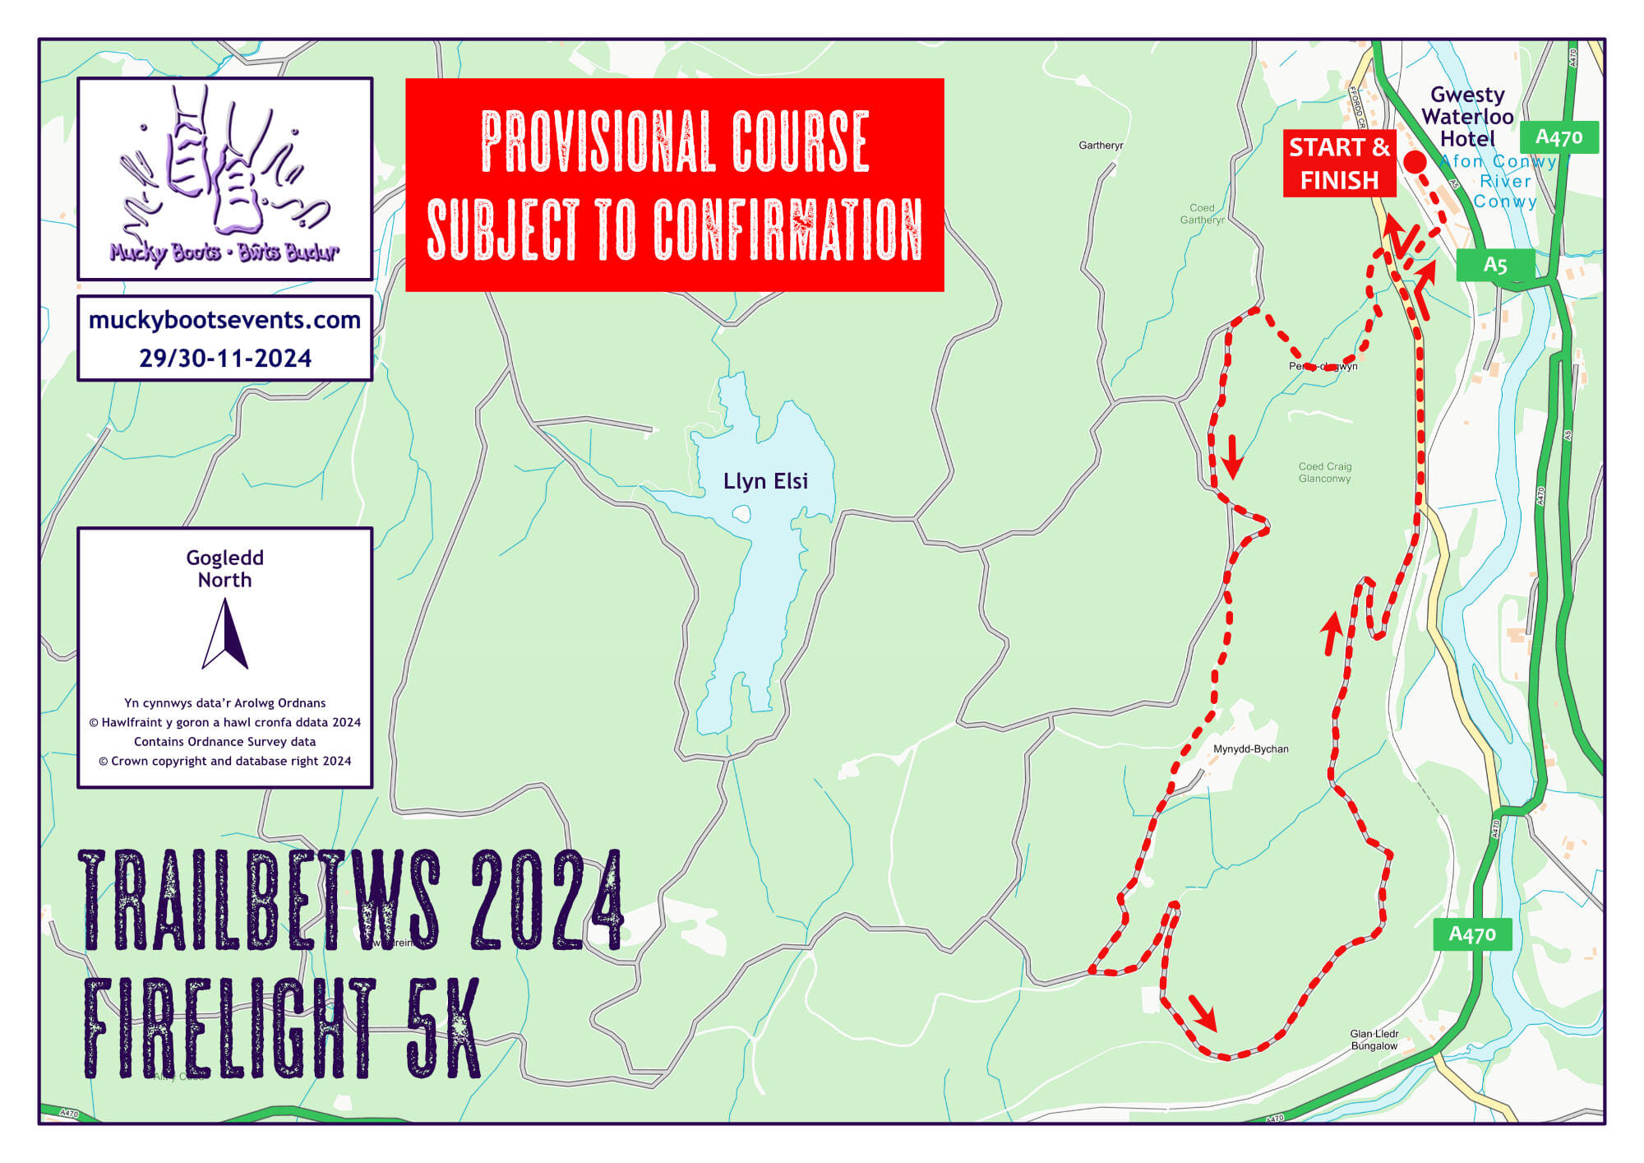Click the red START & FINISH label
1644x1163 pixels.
[1339, 164]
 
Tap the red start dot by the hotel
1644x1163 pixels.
[1415, 162]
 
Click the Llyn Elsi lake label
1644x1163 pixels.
[765, 481]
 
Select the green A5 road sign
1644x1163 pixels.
[1494, 265]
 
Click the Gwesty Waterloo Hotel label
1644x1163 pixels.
[1467, 117]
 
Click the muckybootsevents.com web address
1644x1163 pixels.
[224, 320]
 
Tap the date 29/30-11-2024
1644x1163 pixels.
[224, 359]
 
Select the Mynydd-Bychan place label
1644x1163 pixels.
[1250, 749]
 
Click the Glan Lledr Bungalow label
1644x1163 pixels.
[1374, 1040]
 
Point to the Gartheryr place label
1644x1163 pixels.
[1101, 146]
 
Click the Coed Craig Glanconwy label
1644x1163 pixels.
[1324, 472]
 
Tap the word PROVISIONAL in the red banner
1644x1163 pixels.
[592, 141]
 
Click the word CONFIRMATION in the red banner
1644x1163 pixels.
[787, 229]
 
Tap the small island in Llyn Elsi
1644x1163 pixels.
[741, 515]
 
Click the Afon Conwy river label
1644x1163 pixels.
[1498, 162]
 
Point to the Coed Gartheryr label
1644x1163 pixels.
[1202, 214]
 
